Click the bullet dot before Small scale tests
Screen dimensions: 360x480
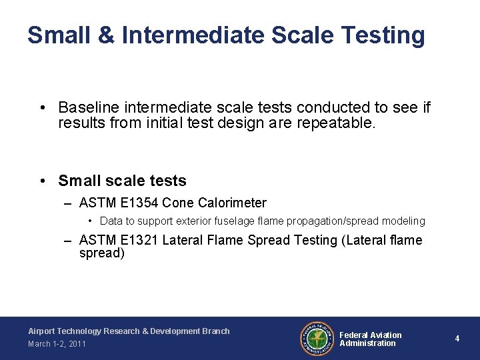pos(43,181)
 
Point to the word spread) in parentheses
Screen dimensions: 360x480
pos(101,253)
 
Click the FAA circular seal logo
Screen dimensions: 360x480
pos(316,339)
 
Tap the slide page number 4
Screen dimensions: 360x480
pos(457,339)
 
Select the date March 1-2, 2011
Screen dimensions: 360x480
pos(57,344)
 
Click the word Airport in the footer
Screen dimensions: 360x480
pos(43,331)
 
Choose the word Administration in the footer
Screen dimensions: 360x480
pos(367,343)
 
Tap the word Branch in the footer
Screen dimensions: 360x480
pos(215,331)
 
